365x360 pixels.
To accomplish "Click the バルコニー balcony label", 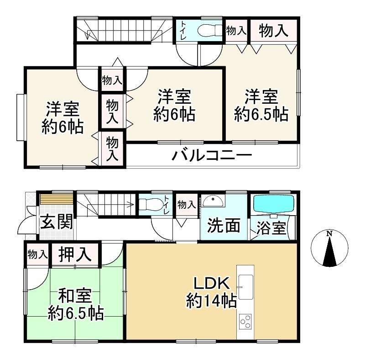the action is (x=212, y=156).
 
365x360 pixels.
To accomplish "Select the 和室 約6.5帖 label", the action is (x=76, y=304).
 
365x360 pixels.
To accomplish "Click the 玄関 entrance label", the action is (x=57, y=222).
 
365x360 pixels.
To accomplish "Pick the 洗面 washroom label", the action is (x=224, y=226).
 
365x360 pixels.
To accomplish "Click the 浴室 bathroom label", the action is (x=271, y=228).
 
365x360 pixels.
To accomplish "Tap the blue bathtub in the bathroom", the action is (x=274, y=204).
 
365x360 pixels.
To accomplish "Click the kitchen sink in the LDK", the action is (x=246, y=287).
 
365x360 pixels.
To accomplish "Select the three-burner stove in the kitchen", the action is (x=245, y=322).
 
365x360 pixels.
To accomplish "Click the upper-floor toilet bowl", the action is (x=210, y=30).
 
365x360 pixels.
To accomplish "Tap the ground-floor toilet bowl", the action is (x=151, y=204).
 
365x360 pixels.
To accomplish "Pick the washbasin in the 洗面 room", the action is (x=213, y=201).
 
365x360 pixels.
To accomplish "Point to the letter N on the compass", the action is (x=329, y=233).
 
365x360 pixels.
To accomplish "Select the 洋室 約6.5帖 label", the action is (x=261, y=106).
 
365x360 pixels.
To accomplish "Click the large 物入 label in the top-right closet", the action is (x=273, y=31).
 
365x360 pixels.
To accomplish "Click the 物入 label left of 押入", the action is (x=37, y=254).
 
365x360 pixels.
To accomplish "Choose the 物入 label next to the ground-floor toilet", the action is (x=186, y=205).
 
